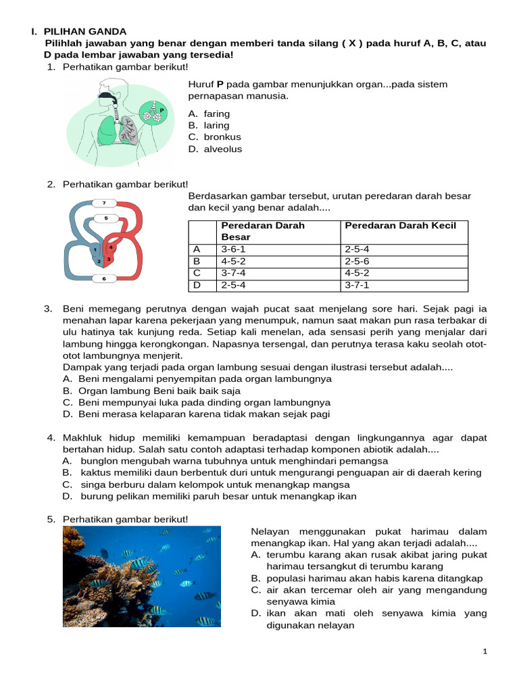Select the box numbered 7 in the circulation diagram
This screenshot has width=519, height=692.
[x=104, y=202]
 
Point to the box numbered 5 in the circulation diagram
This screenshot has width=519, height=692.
[x=105, y=218]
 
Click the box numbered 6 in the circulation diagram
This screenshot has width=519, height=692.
[x=104, y=278]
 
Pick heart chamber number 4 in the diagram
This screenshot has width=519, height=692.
[x=112, y=248]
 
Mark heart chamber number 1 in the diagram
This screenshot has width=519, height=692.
[x=95, y=249]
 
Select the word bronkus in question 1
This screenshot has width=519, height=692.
[x=222, y=137]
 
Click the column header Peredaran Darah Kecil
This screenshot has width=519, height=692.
[x=401, y=225]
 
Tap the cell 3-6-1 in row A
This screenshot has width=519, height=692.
[x=232, y=249]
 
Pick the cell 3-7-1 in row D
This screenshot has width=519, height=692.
[x=358, y=285]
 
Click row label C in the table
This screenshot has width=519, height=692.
[x=197, y=272]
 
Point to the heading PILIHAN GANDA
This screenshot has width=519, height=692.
[x=85, y=31]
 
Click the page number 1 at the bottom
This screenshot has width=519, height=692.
[x=485, y=651]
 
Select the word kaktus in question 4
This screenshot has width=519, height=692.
[x=96, y=472]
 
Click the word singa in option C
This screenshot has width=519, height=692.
[x=93, y=485]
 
